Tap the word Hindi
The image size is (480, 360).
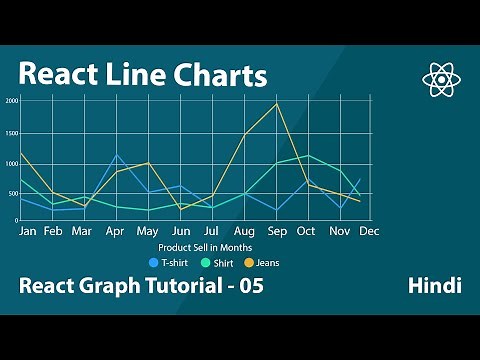pos(434,286)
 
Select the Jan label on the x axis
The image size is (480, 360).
pos(28,231)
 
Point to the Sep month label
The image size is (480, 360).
pos(277,231)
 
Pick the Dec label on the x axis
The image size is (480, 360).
pos(369,231)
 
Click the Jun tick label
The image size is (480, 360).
pos(181,231)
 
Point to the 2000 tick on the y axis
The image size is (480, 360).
pos(13,101)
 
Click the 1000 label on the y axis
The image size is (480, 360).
pos(13,161)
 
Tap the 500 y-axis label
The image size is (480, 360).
pos(14,191)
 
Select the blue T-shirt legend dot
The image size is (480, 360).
pos(153,263)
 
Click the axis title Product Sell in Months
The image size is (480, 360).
pos(205,247)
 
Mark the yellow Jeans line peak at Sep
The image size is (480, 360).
pos(276,104)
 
